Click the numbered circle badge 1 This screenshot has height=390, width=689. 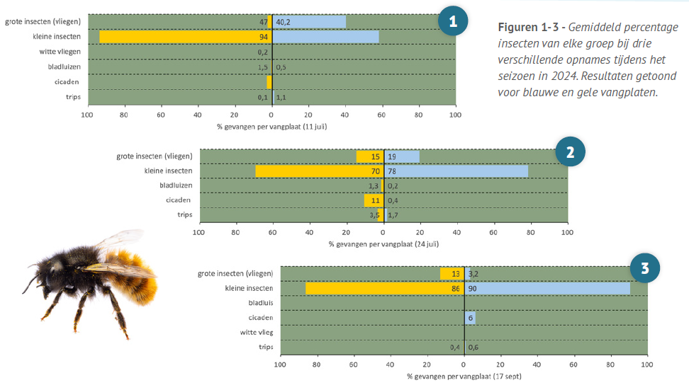click(x=453, y=21)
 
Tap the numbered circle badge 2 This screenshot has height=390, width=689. click(x=570, y=151)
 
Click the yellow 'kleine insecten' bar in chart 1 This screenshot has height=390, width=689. click(x=184, y=37)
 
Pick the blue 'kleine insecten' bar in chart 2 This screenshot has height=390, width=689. click(x=468, y=171)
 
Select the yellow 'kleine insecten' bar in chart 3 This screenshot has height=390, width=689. click(x=383, y=288)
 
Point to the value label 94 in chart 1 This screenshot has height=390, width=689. click(x=264, y=37)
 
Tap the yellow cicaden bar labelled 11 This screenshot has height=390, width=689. click(x=373, y=200)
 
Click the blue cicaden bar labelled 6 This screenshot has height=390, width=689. click(x=470, y=318)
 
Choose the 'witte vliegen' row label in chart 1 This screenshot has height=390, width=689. click(x=60, y=52)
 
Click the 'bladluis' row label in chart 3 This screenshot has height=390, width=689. click(x=260, y=303)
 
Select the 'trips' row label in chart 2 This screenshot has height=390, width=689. click(x=184, y=215)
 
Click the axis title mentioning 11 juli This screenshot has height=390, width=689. click(x=272, y=127)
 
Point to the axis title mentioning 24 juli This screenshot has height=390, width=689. click(x=383, y=243)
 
